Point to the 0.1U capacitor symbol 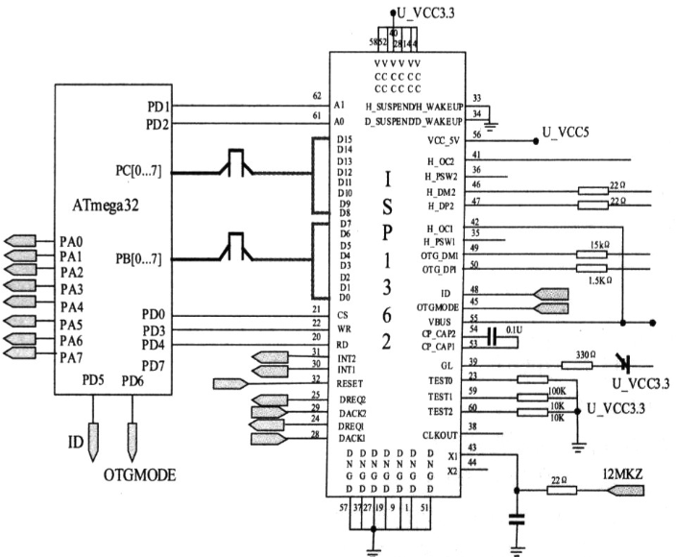pyautogui.click(x=491, y=335)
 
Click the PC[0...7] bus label pyautogui.click(x=137, y=172)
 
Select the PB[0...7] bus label pyautogui.click(x=137, y=258)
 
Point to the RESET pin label pyautogui.click(x=350, y=382)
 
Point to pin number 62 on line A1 pyautogui.click(x=316, y=95)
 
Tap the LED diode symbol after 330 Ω pyautogui.click(x=625, y=364)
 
